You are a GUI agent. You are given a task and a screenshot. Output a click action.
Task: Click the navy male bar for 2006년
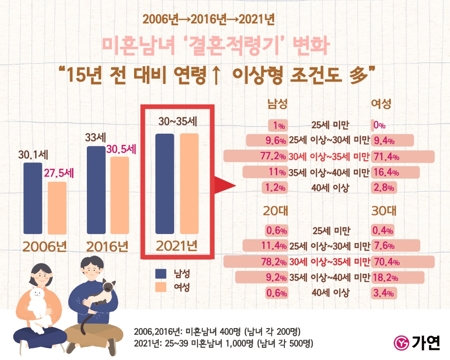(x=32, y=198)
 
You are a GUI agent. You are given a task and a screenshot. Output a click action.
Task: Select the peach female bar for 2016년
(x=119, y=195)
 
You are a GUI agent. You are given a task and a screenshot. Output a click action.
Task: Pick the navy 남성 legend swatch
(x=160, y=273)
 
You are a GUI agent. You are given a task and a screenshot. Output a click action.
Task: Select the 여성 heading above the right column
(x=381, y=104)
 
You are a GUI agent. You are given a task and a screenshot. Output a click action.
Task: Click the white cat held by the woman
(x=38, y=304)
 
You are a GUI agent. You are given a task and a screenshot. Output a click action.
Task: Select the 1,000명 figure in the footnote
(x=226, y=343)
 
